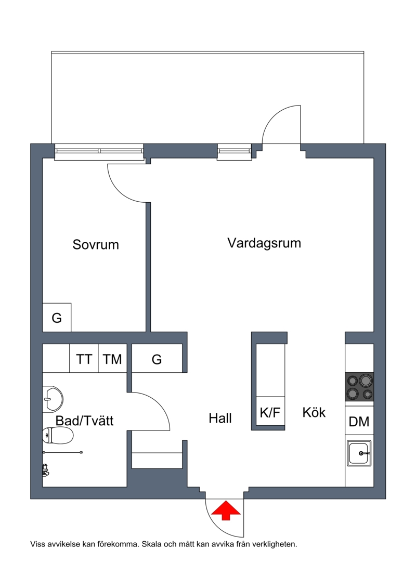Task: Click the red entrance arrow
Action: click(x=226, y=511)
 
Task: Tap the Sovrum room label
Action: click(x=96, y=244)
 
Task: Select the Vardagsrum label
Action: click(x=264, y=243)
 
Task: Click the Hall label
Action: click(x=220, y=418)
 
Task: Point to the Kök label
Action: click(x=314, y=412)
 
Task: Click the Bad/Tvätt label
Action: click(x=84, y=421)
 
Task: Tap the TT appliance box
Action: click(x=84, y=358)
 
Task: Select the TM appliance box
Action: click(x=112, y=358)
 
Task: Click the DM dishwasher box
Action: click(x=359, y=421)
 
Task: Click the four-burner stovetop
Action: click(x=359, y=387)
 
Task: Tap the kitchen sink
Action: click(x=359, y=453)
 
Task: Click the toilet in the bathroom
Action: click(x=58, y=435)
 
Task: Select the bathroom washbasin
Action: click(x=53, y=399)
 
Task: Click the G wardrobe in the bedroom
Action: click(x=57, y=317)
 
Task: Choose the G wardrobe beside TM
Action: click(x=157, y=358)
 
